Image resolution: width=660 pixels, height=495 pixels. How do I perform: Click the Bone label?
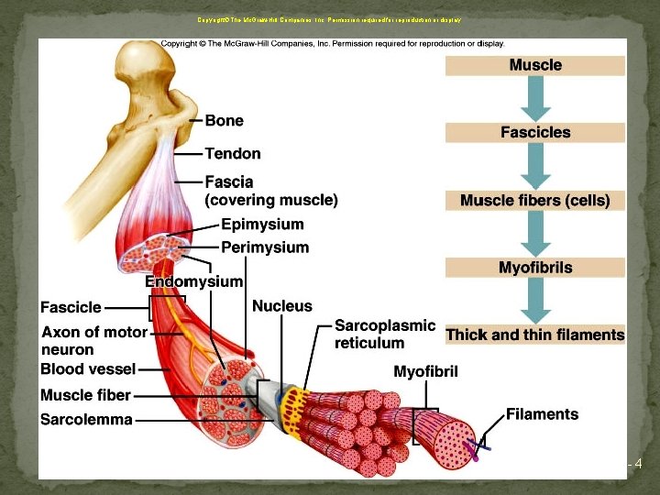[x=225, y=120]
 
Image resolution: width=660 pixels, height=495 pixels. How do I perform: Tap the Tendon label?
[x=233, y=154]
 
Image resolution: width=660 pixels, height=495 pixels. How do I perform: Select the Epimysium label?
[x=262, y=224]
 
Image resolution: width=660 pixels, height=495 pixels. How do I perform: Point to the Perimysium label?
[x=265, y=247]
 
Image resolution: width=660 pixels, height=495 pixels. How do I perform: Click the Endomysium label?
[x=193, y=282]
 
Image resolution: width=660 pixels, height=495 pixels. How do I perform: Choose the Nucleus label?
[x=281, y=306]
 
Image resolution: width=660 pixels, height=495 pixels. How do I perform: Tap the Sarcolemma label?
[x=86, y=420]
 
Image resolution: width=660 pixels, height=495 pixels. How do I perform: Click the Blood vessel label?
[x=88, y=369]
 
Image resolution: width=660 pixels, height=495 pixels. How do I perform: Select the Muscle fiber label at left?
[x=85, y=395]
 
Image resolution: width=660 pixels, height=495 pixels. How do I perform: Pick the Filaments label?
[x=542, y=414]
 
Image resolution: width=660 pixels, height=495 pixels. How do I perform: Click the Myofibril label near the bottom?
[x=425, y=371]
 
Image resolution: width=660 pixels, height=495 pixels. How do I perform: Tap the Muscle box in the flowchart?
[x=535, y=66]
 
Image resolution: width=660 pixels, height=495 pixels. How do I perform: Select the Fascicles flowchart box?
[x=535, y=133]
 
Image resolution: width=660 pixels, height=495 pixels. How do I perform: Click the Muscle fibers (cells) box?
[x=535, y=201]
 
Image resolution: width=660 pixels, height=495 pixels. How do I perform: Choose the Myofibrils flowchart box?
[x=535, y=268]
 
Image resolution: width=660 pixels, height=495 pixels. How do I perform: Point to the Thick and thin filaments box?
[x=535, y=335]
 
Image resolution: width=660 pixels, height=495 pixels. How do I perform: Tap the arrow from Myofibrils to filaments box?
[x=535, y=301]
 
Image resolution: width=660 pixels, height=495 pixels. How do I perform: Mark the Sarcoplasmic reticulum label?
[x=384, y=335]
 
